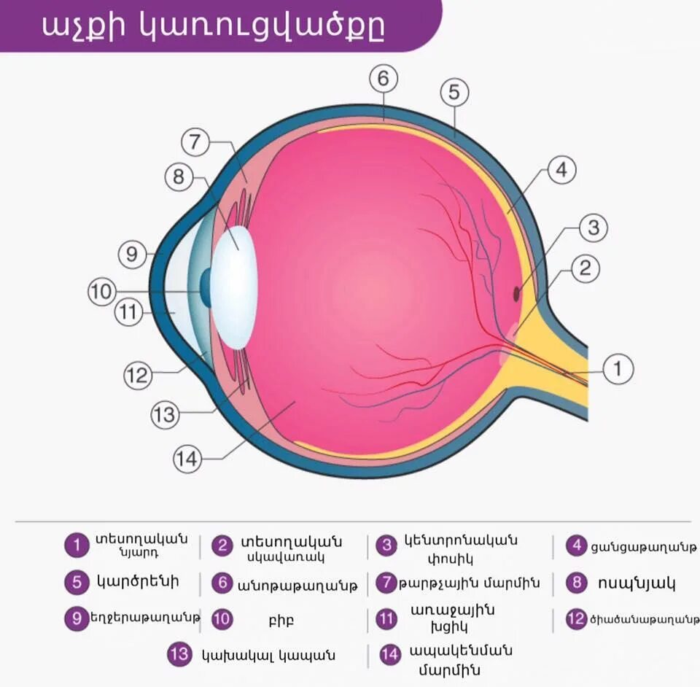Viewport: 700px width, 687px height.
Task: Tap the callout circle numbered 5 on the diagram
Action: coord(454,93)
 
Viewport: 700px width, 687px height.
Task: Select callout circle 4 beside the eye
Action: coord(561,170)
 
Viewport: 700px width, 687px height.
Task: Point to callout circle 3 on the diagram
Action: coord(594,228)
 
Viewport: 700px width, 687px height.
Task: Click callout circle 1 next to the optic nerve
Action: coord(618,368)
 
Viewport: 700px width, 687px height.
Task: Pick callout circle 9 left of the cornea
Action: coord(132,254)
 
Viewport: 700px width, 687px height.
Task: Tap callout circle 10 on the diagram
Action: coord(102,292)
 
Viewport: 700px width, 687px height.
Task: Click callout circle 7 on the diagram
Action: coord(195,142)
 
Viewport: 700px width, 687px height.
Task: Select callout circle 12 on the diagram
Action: coord(137,376)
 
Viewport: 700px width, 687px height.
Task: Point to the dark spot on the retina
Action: coord(517,293)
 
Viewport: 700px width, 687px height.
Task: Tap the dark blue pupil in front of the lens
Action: coord(206,287)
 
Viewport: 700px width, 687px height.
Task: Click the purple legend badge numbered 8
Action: coord(577,583)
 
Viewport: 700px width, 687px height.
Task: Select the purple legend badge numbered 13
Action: coord(179,653)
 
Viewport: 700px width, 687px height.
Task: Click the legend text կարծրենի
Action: coord(137,582)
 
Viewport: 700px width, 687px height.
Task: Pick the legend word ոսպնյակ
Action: coord(637,583)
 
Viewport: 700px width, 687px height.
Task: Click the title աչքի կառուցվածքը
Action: coord(212,26)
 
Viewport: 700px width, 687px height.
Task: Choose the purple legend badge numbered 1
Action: coord(76,545)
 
